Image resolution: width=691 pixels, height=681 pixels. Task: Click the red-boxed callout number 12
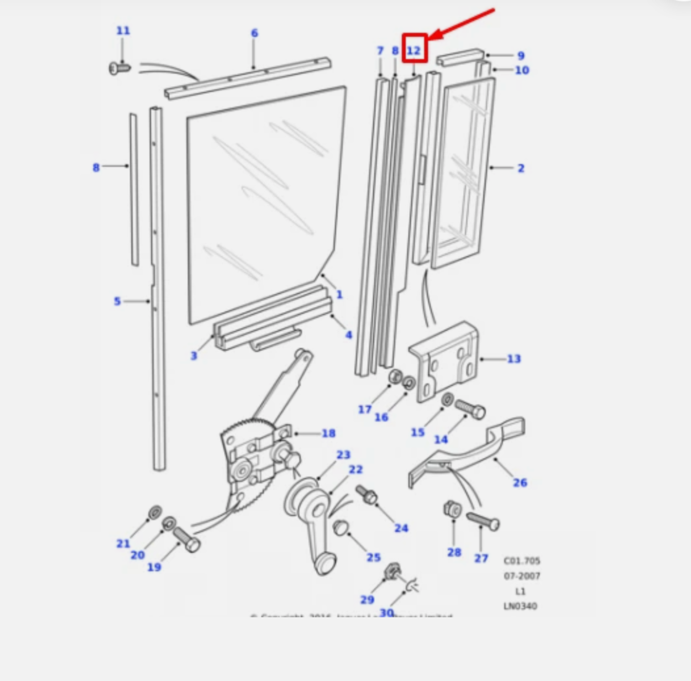pos(414,50)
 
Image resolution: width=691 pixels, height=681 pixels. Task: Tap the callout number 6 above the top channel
pos(254,33)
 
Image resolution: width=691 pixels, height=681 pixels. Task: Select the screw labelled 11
pos(119,68)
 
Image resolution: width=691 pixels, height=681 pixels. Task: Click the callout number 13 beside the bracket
pos(513,359)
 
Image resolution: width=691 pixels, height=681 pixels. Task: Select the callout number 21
pos(123,543)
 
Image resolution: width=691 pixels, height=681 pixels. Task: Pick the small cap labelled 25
pos(341,527)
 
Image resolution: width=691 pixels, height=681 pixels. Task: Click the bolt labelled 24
pos(366,494)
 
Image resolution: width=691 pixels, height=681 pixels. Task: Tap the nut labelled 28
pos(452,509)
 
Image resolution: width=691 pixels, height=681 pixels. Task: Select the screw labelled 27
pos(483,521)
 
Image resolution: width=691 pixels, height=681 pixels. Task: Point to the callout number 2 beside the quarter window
pos(521,168)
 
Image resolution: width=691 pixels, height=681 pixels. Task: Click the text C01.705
pos(522,561)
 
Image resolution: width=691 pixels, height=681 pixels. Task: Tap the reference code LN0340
pos(520,606)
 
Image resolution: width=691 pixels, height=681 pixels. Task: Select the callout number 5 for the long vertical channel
pos(117,301)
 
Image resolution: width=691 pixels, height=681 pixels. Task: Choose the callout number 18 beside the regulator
pos(328,433)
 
